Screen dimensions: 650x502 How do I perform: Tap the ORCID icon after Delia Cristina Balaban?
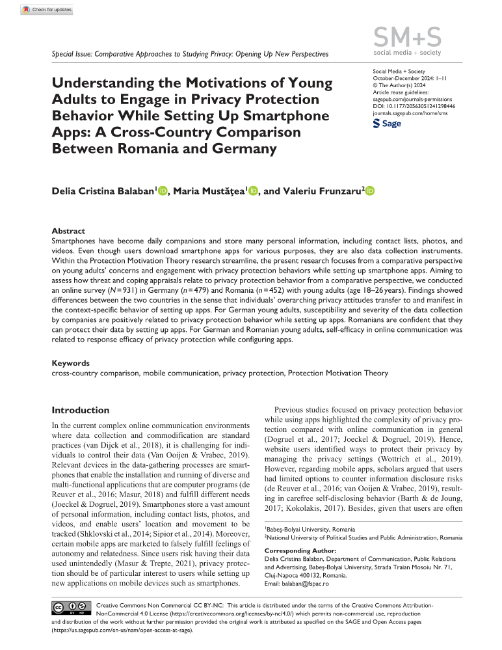[x=163, y=191]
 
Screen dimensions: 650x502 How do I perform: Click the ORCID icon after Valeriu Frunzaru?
[x=371, y=191]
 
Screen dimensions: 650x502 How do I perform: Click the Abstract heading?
[x=70, y=231]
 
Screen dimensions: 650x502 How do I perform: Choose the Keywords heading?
[x=71, y=363]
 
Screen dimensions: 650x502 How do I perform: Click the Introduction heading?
[x=81, y=411]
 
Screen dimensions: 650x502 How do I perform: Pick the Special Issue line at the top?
[x=189, y=54]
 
